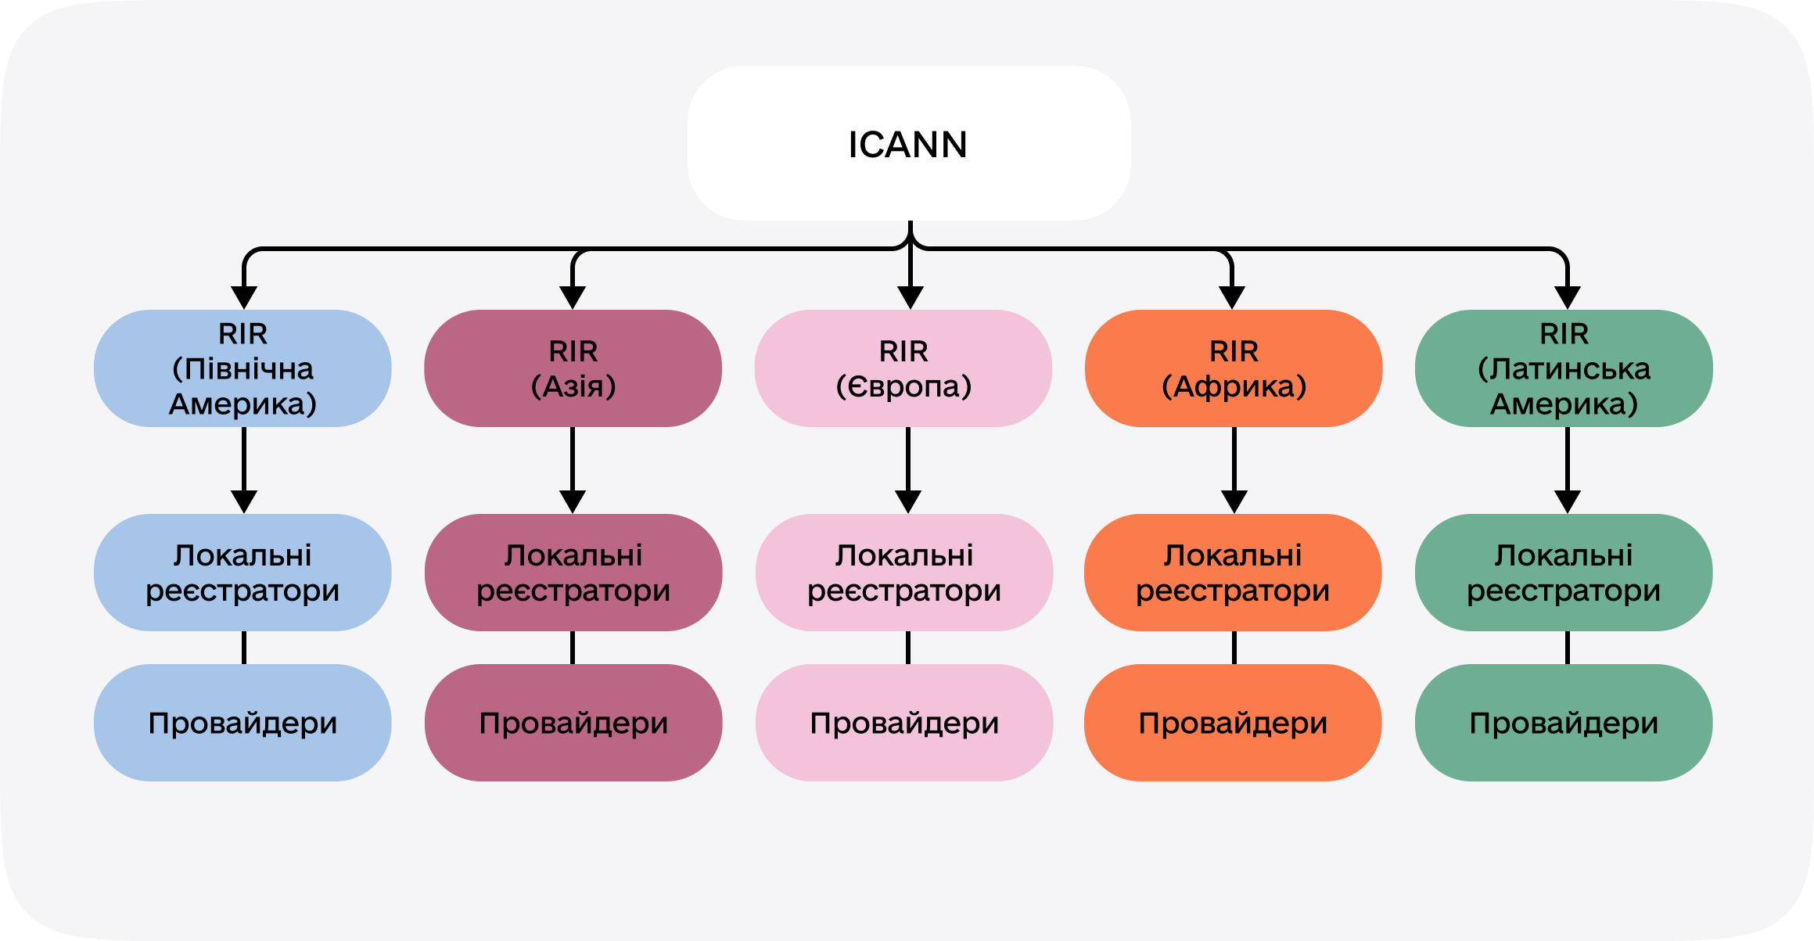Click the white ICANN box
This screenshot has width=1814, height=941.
tap(908, 143)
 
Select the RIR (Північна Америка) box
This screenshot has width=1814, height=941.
tap(242, 368)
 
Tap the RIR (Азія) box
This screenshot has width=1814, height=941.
tap(573, 368)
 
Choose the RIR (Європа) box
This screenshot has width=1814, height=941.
tap(903, 368)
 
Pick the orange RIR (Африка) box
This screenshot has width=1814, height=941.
tap(1233, 368)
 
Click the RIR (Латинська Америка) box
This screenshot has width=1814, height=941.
tap(1563, 368)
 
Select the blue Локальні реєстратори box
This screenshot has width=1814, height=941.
tap(242, 573)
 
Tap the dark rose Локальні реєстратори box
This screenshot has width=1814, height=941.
tap(573, 573)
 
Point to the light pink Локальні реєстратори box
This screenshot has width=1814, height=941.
tap(903, 573)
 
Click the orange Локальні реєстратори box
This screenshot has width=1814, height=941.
tap(1233, 573)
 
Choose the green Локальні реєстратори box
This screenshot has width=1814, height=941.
tap(1563, 573)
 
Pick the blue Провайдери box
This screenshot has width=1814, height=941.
tap(242, 723)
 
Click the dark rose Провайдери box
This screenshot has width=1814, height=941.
tap(573, 723)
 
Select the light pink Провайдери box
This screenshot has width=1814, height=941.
tap(903, 723)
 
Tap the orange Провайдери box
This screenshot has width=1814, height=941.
tap(1233, 723)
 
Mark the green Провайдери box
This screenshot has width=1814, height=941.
tap(1563, 723)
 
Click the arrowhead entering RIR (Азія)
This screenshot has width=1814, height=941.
tap(573, 297)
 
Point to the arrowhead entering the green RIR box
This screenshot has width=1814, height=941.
tap(1568, 297)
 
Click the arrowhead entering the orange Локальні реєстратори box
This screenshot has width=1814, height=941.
tap(1234, 501)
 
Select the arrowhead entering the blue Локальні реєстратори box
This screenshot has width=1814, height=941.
tap(244, 501)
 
